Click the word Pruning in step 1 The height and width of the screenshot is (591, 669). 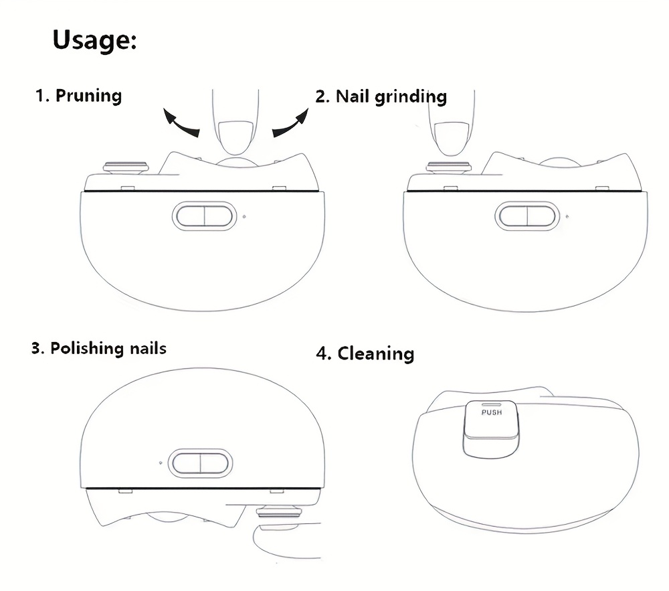89,96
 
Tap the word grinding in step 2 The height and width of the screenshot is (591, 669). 411,97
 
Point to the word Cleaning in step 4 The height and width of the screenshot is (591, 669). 376,354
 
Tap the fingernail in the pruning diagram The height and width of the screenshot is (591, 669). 235,137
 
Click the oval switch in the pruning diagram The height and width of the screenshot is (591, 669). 204,216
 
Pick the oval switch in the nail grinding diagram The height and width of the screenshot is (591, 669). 527,216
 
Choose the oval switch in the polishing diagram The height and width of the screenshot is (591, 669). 201,463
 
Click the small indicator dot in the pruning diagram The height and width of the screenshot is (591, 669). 244,217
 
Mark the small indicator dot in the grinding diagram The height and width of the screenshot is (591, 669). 567,217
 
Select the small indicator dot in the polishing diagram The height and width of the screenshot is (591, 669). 161,462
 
